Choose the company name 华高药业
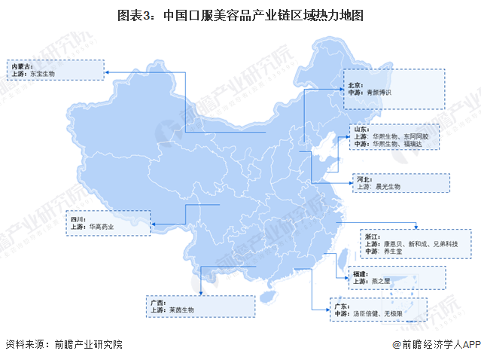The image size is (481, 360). pos(105,226)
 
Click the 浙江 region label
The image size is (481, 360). pos(370,236)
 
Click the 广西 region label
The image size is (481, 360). pos(156,301)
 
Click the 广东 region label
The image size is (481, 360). pos(339,306)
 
